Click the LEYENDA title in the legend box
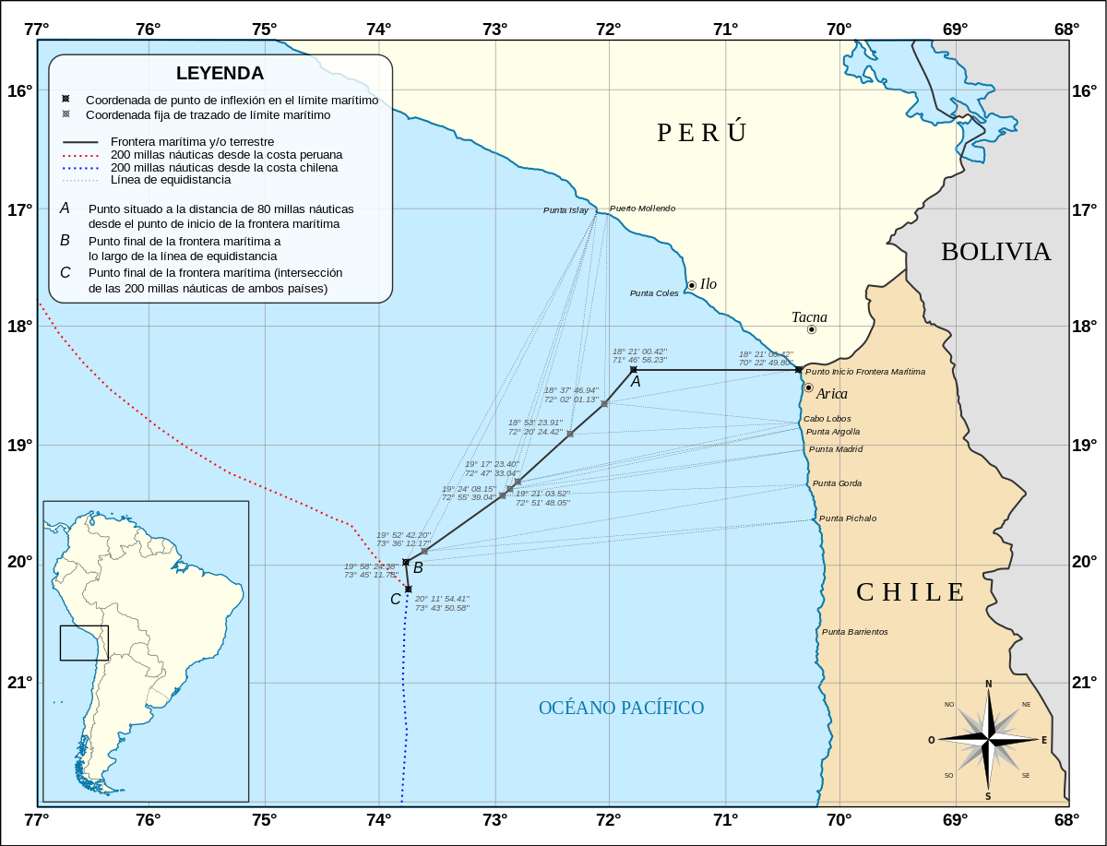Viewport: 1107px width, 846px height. point(220,73)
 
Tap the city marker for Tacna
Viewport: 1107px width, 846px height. point(812,329)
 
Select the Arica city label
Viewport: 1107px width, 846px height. point(831,394)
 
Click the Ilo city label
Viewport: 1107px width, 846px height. point(708,284)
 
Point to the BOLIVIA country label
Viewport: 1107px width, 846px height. point(995,252)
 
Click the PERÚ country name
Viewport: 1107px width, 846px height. point(701,133)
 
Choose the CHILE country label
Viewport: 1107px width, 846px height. point(911,592)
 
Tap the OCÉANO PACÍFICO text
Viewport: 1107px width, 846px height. point(621,708)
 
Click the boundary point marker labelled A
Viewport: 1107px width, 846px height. point(634,370)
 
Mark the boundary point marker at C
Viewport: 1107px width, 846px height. point(408,589)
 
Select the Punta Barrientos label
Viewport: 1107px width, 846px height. point(854,632)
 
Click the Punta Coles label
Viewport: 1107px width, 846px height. point(654,293)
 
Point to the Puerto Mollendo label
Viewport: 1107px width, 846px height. point(642,209)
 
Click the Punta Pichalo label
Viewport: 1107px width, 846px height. point(848,518)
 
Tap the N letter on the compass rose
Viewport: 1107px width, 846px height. point(988,684)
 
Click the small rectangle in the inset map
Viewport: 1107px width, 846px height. point(84,643)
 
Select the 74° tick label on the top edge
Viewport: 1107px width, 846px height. point(378,29)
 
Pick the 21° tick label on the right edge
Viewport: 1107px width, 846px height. point(1085,683)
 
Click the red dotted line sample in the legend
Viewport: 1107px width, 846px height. point(81,155)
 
